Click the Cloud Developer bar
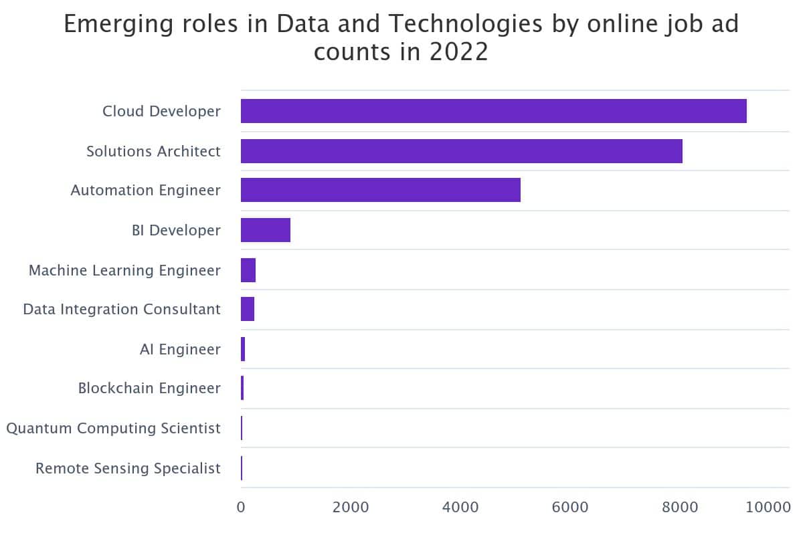493,111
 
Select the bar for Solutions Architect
461,151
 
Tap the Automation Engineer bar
380,190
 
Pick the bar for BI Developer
265,230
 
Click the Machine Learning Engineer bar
248,270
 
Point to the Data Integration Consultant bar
247,310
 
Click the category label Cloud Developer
161,111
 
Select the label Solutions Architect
153,151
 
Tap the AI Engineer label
180,349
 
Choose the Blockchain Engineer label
149,388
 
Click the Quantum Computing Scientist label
113,428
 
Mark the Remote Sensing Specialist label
128,468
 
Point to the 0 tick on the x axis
241,508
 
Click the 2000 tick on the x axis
351,508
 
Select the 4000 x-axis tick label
460,508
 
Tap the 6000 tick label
570,508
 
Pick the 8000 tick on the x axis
680,508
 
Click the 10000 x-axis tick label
767,508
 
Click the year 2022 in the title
459,52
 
